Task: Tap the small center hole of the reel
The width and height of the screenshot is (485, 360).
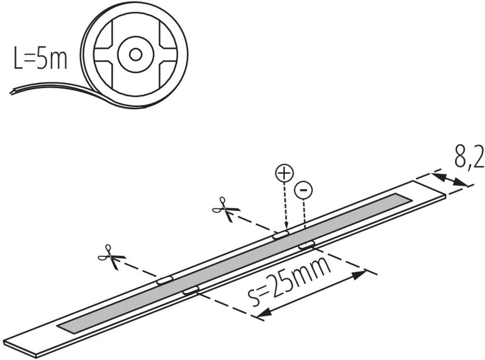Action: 135,55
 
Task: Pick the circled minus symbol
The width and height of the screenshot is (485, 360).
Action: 304,190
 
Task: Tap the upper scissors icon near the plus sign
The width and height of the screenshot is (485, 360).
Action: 226,209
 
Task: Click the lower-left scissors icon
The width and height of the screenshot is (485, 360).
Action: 112,257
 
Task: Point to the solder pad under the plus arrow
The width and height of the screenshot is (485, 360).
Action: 280,235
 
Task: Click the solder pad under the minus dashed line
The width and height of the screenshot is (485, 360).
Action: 307,245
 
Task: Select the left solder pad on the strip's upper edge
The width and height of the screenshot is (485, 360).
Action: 165,280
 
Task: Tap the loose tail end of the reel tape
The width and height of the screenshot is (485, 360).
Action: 13,92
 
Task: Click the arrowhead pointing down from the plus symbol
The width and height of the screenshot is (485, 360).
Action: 286,227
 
